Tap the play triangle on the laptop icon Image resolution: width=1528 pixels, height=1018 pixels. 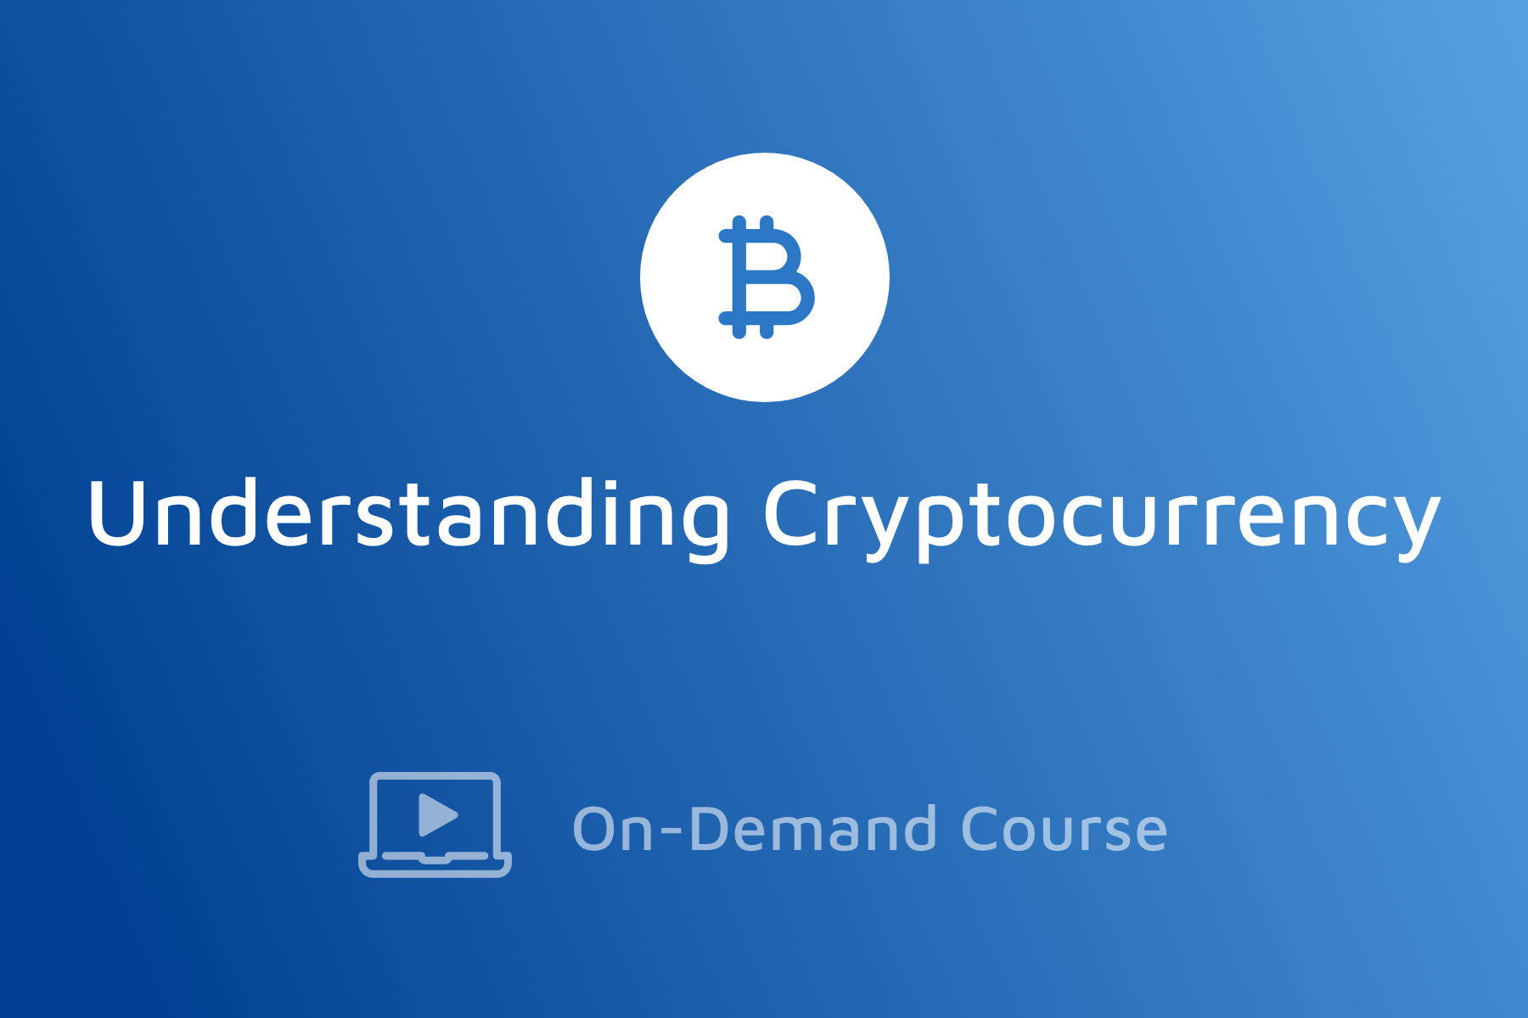pos(436,815)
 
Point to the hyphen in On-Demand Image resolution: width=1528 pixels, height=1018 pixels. pos(671,832)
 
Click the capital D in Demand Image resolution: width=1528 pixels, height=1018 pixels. pos(710,828)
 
